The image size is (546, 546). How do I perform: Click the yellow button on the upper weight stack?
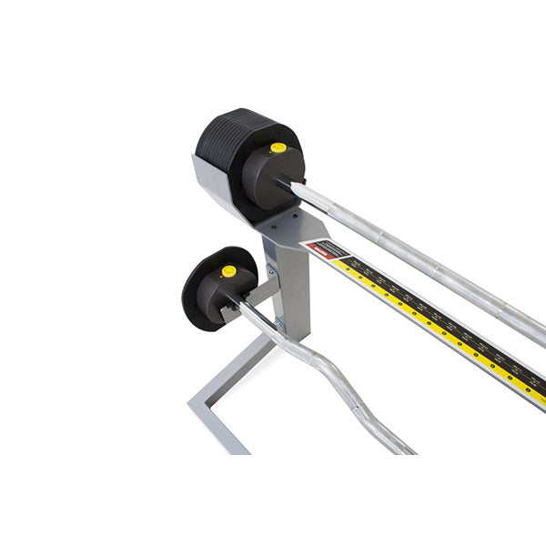278,147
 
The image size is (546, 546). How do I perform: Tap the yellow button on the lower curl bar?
228,271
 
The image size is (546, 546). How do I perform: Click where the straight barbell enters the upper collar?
296,187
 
